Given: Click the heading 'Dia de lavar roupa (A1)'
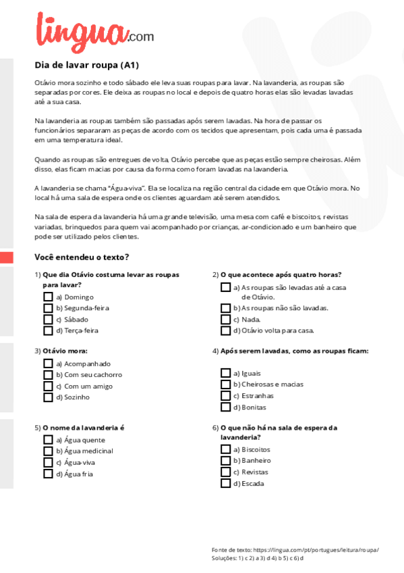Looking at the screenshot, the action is pyautogui.click(x=86, y=66).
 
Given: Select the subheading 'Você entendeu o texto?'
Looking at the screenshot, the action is pyautogui.click(x=82, y=257).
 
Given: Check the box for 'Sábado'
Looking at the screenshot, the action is pyautogui.click(x=48, y=320).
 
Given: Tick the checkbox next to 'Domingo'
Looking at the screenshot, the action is pyautogui.click(x=48, y=297).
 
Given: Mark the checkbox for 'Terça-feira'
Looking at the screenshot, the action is pyautogui.click(x=48, y=330).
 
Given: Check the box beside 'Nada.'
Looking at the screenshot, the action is pyautogui.click(x=225, y=320).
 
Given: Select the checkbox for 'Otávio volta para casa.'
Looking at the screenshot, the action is pyautogui.click(x=225, y=330).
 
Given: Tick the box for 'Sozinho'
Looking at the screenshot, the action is pyautogui.click(x=48, y=397).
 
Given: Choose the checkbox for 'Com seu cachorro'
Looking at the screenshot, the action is pyautogui.click(x=48, y=374).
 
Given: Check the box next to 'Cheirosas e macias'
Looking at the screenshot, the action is pyautogui.click(x=225, y=384).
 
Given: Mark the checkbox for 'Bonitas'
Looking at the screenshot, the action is pyautogui.click(x=225, y=407).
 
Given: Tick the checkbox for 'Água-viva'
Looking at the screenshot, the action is pyautogui.click(x=48, y=462).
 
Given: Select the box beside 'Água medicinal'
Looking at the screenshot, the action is pyautogui.click(x=48, y=451).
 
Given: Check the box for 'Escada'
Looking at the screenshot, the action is pyautogui.click(x=225, y=483).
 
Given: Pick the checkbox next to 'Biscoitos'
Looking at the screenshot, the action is pyautogui.click(x=225, y=449).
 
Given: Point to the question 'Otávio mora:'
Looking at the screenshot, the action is pyautogui.click(x=65, y=351).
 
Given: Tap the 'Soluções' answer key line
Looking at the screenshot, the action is pyautogui.click(x=257, y=558).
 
